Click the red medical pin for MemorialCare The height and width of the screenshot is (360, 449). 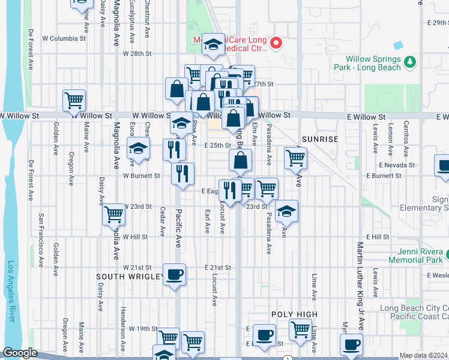coord(276,43)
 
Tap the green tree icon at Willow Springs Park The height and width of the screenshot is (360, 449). coord(410,61)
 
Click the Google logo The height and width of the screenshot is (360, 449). coord(20,353)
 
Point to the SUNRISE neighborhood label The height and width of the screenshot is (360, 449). coord(321,139)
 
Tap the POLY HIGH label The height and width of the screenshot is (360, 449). coord(294,314)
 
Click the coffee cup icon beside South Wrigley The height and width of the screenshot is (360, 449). coord(175,275)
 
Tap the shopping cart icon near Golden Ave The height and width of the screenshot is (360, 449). coord(74,100)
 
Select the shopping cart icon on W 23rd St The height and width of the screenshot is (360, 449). coord(113,213)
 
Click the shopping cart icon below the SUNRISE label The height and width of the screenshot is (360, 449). coord(295,158)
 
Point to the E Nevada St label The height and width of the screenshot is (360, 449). coord(397,165)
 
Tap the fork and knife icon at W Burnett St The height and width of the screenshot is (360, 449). coord(183,174)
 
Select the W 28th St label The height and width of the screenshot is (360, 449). coord(137,53)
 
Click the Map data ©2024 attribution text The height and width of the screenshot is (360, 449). coord(423,355)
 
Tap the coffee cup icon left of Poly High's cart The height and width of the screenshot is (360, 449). coord(264,334)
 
